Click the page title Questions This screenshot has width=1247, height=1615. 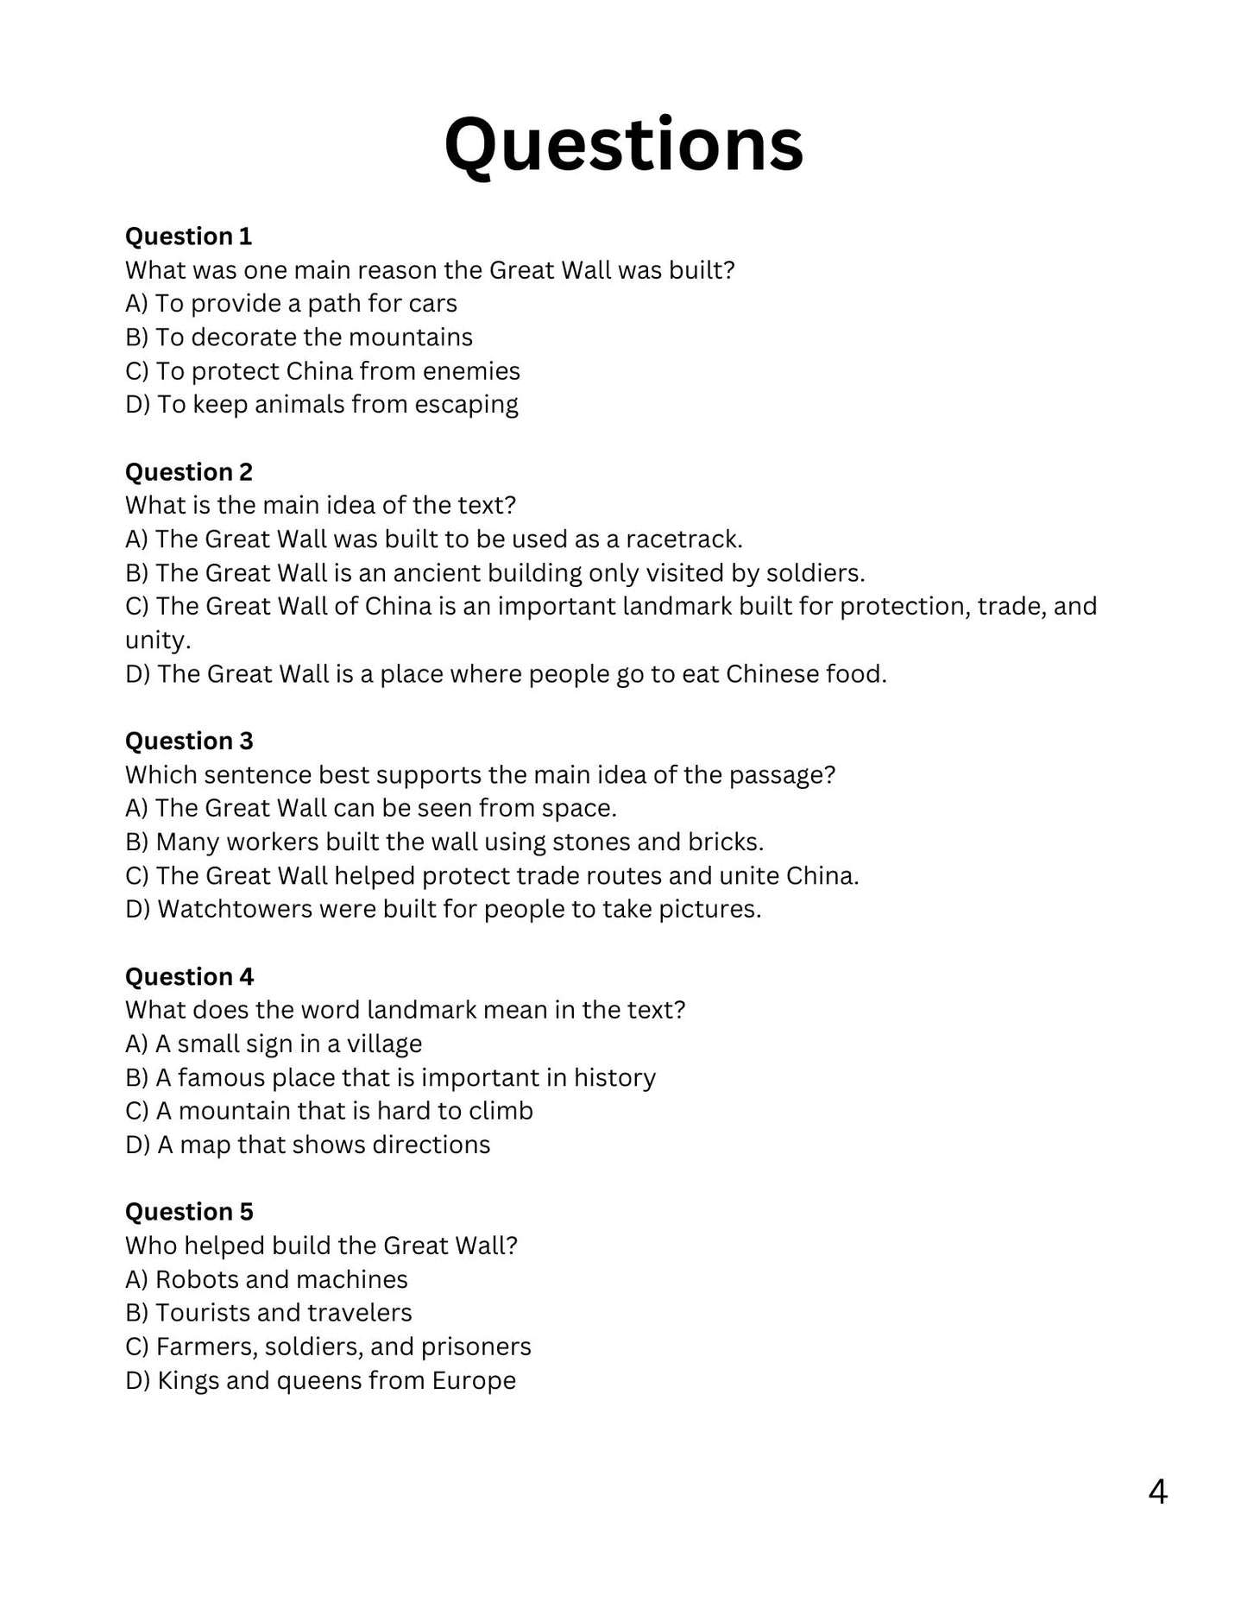(x=623, y=145)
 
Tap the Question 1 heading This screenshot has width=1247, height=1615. (x=188, y=237)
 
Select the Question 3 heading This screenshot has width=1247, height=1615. (x=189, y=741)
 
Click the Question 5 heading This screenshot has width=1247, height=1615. (x=189, y=1211)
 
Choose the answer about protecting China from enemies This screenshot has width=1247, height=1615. (x=322, y=371)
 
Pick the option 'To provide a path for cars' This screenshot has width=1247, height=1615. (x=291, y=304)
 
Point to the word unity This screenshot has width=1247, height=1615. (x=156, y=640)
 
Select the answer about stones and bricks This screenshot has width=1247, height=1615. (x=444, y=842)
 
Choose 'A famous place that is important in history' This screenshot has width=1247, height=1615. (x=390, y=1077)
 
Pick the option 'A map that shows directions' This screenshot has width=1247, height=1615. (x=307, y=1145)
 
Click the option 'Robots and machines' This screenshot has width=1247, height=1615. (x=266, y=1279)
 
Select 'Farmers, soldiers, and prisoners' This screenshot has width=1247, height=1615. (x=328, y=1347)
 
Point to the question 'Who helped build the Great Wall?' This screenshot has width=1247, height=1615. (x=321, y=1246)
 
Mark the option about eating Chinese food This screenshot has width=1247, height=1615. (x=506, y=674)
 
